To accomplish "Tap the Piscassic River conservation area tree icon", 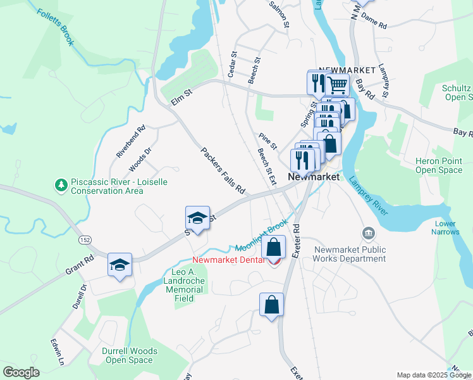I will point(61,185).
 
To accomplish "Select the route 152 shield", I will point(84,240).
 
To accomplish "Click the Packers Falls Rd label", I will point(223,170).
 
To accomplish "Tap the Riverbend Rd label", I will point(131,141).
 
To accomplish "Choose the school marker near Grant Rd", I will point(119,265).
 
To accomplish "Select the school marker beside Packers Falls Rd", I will point(197,218).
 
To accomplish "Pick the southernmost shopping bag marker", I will point(271,304).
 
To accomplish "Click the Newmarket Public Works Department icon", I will point(368,234).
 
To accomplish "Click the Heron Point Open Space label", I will point(438,166).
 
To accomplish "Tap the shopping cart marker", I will point(338,84).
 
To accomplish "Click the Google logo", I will point(21,372).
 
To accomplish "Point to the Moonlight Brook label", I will point(262,236).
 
